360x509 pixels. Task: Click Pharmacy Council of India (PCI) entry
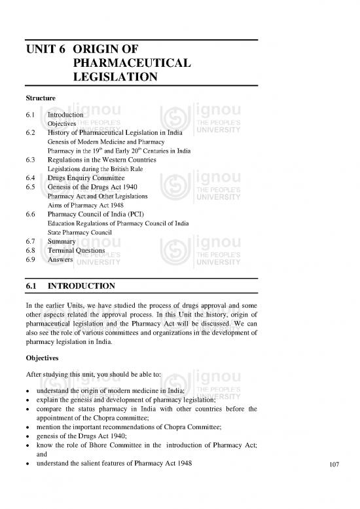[x=100, y=214]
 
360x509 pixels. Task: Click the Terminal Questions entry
[x=76, y=250]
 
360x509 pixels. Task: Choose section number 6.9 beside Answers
[x=27, y=259]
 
